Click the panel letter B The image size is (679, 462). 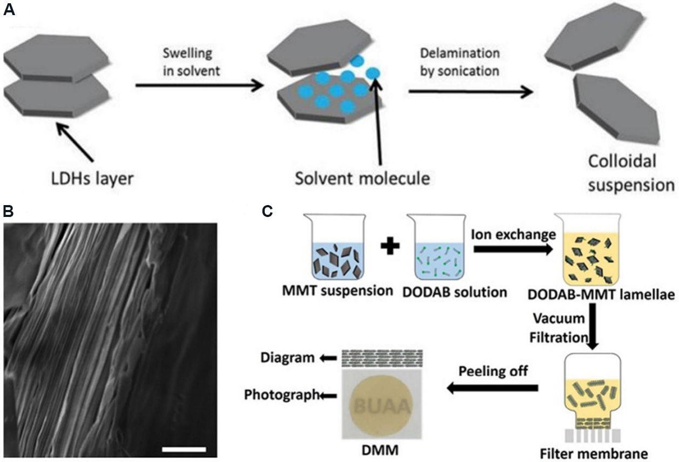8,210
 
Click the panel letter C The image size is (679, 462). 266,212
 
